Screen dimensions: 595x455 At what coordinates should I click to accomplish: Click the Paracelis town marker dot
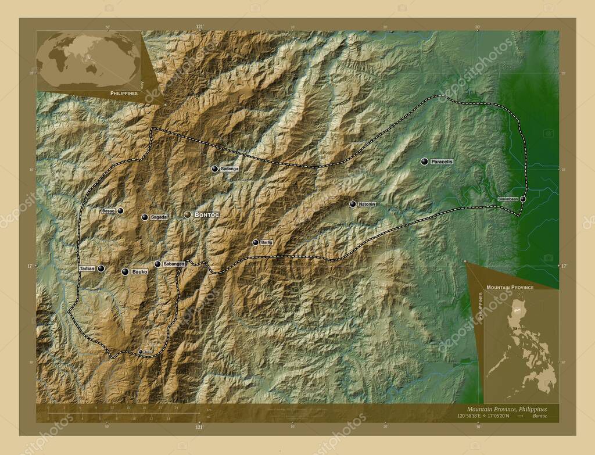click(x=425, y=162)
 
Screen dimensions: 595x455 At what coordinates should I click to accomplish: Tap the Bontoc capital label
click(x=206, y=215)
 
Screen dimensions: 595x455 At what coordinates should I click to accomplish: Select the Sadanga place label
click(x=230, y=169)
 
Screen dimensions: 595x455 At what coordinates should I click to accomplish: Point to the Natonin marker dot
click(x=353, y=204)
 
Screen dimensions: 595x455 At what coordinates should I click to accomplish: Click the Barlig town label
click(x=266, y=242)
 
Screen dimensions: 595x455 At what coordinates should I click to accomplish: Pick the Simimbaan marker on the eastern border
click(x=522, y=199)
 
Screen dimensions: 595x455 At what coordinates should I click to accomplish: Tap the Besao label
click(x=108, y=211)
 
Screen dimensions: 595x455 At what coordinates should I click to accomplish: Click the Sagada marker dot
click(x=144, y=217)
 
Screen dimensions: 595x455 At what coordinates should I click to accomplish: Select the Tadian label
click(x=87, y=268)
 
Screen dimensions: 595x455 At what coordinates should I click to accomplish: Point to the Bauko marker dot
click(x=124, y=271)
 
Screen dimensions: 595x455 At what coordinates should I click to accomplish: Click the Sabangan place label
click(x=174, y=264)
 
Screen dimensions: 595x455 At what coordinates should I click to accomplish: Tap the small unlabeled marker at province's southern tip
click(x=140, y=352)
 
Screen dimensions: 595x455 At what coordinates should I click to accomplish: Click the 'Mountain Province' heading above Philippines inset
click(x=510, y=288)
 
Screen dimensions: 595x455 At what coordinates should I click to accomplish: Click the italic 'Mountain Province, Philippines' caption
click(x=506, y=409)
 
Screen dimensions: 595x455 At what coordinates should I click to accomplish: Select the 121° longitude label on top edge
click(x=200, y=26)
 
